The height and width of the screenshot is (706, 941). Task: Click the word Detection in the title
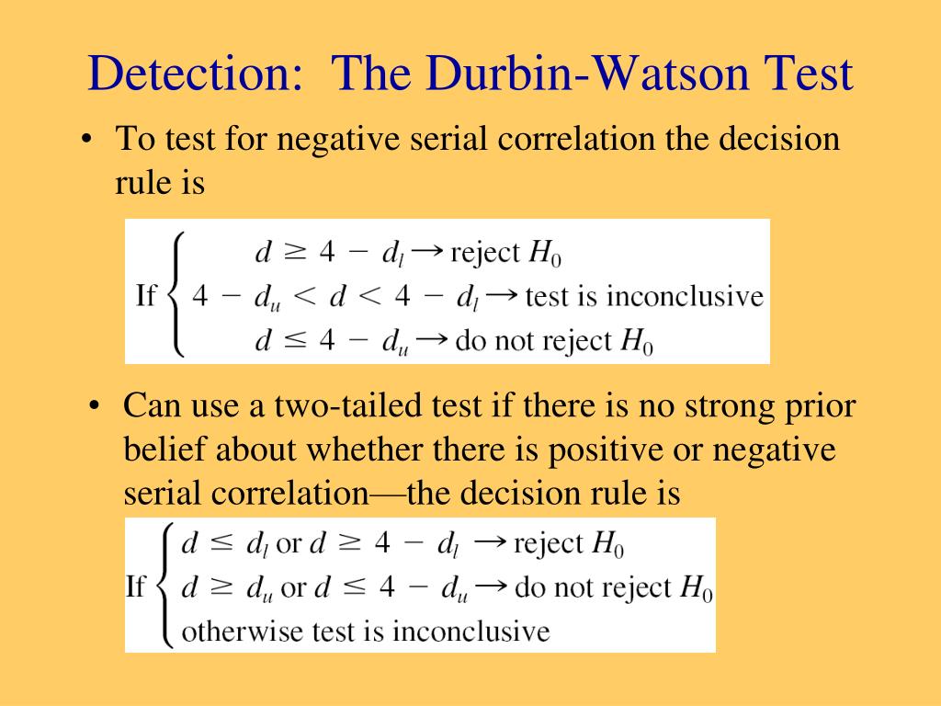195,73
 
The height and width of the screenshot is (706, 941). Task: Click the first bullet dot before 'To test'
87,140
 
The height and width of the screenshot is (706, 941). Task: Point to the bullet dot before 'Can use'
94,405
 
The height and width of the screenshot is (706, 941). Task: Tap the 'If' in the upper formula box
146,295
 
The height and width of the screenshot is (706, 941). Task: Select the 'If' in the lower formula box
136,586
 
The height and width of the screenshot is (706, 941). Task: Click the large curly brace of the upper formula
176,295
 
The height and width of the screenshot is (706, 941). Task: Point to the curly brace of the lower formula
164,586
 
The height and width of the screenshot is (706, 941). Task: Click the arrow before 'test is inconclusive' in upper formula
502,295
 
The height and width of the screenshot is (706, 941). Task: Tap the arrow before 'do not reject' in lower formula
492,586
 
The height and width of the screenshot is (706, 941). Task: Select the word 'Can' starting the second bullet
152,405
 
